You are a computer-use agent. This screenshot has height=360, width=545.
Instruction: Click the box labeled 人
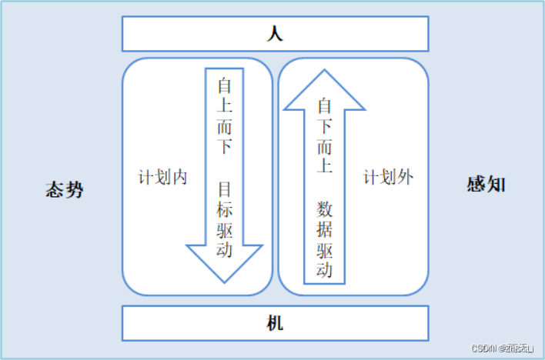[x=275, y=33]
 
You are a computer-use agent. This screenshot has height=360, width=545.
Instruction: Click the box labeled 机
[x=275, y=323]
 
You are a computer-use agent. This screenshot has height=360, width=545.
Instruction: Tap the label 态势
[x=64, y=188]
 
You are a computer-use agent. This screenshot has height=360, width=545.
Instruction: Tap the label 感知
[x=486, y=185]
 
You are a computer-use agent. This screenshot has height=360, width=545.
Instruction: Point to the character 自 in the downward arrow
[x=226, y=84]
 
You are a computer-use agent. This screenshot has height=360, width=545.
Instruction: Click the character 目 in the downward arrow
[x=226, y=188]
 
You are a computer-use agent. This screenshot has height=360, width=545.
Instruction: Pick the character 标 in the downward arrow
[x=226, y=209]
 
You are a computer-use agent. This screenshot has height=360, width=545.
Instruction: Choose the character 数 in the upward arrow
[x=325, y=209]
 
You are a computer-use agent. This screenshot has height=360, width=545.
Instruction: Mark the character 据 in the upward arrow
[x=325, y=229]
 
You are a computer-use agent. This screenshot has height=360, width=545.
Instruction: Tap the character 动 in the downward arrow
[x=226, y=251]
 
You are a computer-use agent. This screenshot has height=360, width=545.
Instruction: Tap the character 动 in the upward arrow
[x=325, y=270]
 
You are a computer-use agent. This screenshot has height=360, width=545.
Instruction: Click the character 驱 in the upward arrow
[x=325, y=250]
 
